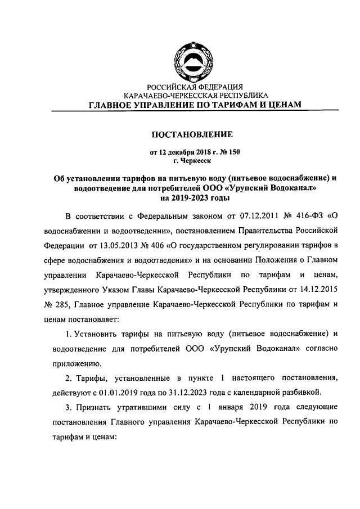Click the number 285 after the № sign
click(x=62, y=304)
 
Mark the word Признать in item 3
click(x=95, y=406)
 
